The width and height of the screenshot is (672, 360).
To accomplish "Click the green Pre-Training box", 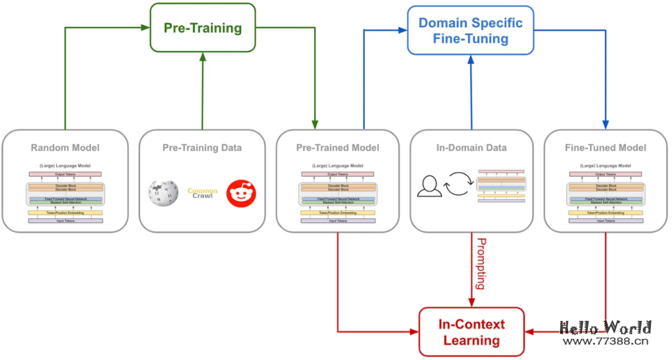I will pyautogui.click(x=202, y=28).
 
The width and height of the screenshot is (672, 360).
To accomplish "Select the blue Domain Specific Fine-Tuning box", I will pyautogui.click(x=471, y=30).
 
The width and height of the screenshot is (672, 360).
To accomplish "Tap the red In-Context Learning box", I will pyautogui.click(x=471, y=332).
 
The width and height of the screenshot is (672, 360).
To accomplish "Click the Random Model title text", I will pyautogui.click(x=65, y=148).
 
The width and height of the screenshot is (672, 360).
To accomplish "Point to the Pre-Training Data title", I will pyautogui.click(x=202, y=148).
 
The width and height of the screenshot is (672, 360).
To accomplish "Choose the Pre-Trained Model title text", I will pyautogui.click(x=337, y=148).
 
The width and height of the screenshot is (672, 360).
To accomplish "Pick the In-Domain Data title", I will pyautogui.click(x=471, y=148).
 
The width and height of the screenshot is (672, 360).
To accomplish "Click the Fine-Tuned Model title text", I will pyautogui.click(x=605, y=148).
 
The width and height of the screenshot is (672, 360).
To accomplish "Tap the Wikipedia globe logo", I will pyautogui.click(x=164, y=193).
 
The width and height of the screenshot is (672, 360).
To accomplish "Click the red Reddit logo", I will pyautogui.click(x=241, y=193).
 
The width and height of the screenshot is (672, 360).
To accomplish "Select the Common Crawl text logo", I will pyautogui.click(x=202, y=193).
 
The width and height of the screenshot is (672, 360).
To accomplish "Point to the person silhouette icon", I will pyautogui.click(x=429, y=186).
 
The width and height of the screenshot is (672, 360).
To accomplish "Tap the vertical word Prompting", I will pyautogui.click(x=480, y=264).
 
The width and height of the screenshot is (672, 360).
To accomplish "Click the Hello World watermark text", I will pyautogui.click(x=605, y=328).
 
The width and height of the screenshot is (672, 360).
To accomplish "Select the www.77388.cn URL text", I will pyautogui.click(x=605, y=341).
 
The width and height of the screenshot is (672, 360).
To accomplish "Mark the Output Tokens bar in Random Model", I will pyautogui.click(x=65, y=174).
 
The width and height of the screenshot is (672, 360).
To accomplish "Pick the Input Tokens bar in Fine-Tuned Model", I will pyautogui.click(x=605, y=221).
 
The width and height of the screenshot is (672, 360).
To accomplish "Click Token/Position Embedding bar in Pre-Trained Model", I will pyautogui.click(x=337, y=213).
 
